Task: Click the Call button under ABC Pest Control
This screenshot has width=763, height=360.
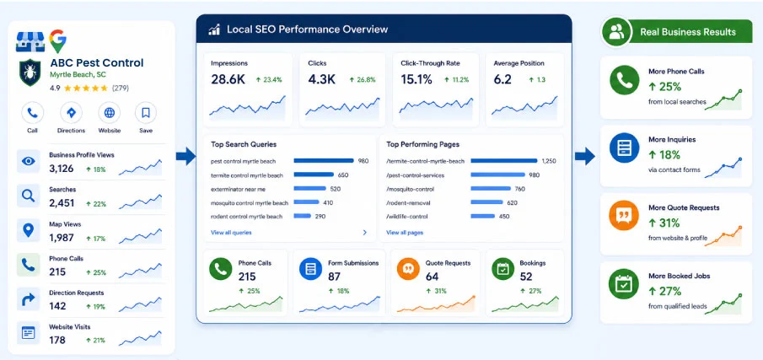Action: (x=32, y=113)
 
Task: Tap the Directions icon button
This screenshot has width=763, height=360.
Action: (x=71, y=113)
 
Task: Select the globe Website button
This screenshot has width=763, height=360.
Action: (x=110, y=113)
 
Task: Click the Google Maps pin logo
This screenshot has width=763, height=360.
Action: (x=57, y=41)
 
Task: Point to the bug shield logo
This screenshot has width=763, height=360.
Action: (x=30, y=73)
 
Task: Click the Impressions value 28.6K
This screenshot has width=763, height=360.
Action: (x=228, y=79)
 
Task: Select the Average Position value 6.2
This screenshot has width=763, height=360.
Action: (x=502, y=79)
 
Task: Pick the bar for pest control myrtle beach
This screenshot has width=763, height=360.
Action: (x=324, y=160)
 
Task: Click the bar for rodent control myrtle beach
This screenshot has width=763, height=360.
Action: (x=302, y=216)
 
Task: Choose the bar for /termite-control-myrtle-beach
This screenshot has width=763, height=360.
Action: (x=504, y=160)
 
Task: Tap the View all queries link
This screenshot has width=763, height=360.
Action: (x=231, y=233)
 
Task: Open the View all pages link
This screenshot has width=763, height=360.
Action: (x=405, y=233)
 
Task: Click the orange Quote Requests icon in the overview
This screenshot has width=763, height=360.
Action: (x=408, y=269)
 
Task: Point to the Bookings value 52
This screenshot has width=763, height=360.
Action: (x=526, y=277)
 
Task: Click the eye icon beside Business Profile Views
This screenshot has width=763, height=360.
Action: (x=28, y=162)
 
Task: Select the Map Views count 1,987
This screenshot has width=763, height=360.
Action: (x=62, y=238)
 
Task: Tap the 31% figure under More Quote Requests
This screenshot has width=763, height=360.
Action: (x=669, y=223)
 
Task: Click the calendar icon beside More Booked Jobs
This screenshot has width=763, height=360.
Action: (x=624, y=284)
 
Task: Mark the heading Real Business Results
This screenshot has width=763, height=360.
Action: (x=688, y=32)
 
